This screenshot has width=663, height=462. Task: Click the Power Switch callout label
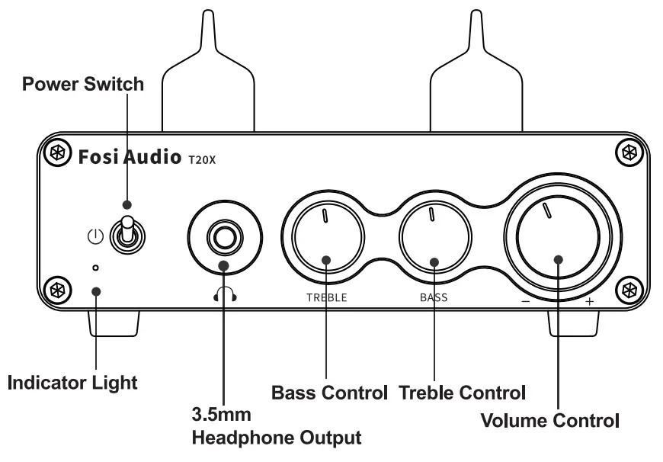82,84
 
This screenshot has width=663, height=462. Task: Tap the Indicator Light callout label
72,382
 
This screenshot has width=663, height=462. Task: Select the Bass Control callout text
330,393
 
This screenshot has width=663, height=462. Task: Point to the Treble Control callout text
463,393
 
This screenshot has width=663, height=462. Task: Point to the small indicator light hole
94,268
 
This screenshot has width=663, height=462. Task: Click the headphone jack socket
224,237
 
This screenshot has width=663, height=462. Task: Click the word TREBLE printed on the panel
326,298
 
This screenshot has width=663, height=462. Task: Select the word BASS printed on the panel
434,298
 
